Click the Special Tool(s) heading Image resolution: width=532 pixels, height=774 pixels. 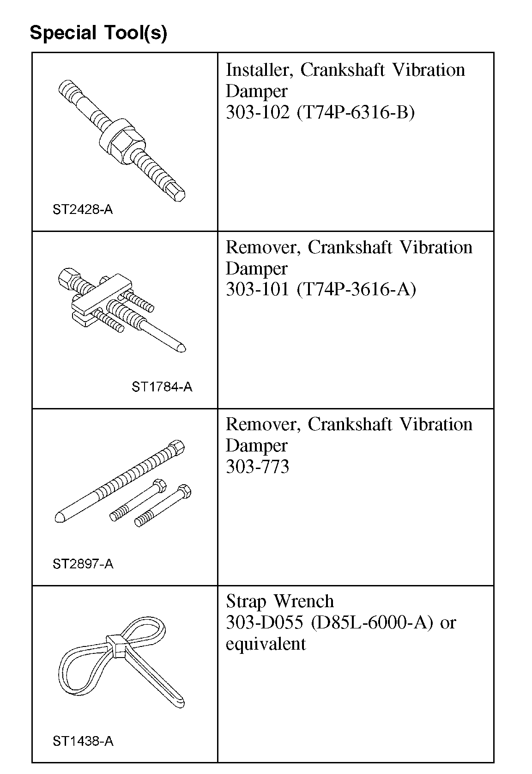click(98, 33)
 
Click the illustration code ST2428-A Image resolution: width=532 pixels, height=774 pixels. click(83, 210)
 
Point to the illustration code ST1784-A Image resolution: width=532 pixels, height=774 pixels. click(162, 387)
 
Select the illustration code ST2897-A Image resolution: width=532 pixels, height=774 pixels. click(83, 564)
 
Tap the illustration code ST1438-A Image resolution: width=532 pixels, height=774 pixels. click(83, 741)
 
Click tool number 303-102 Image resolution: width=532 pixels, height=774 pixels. click(256, 112)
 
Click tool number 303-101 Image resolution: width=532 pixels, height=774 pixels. click(256, 289)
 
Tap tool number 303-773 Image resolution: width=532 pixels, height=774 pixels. click(257, 467)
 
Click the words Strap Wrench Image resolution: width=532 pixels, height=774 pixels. click(280, 601)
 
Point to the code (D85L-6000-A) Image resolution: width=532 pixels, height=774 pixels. click(372, 622)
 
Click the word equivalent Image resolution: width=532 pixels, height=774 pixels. click(266, 644)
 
